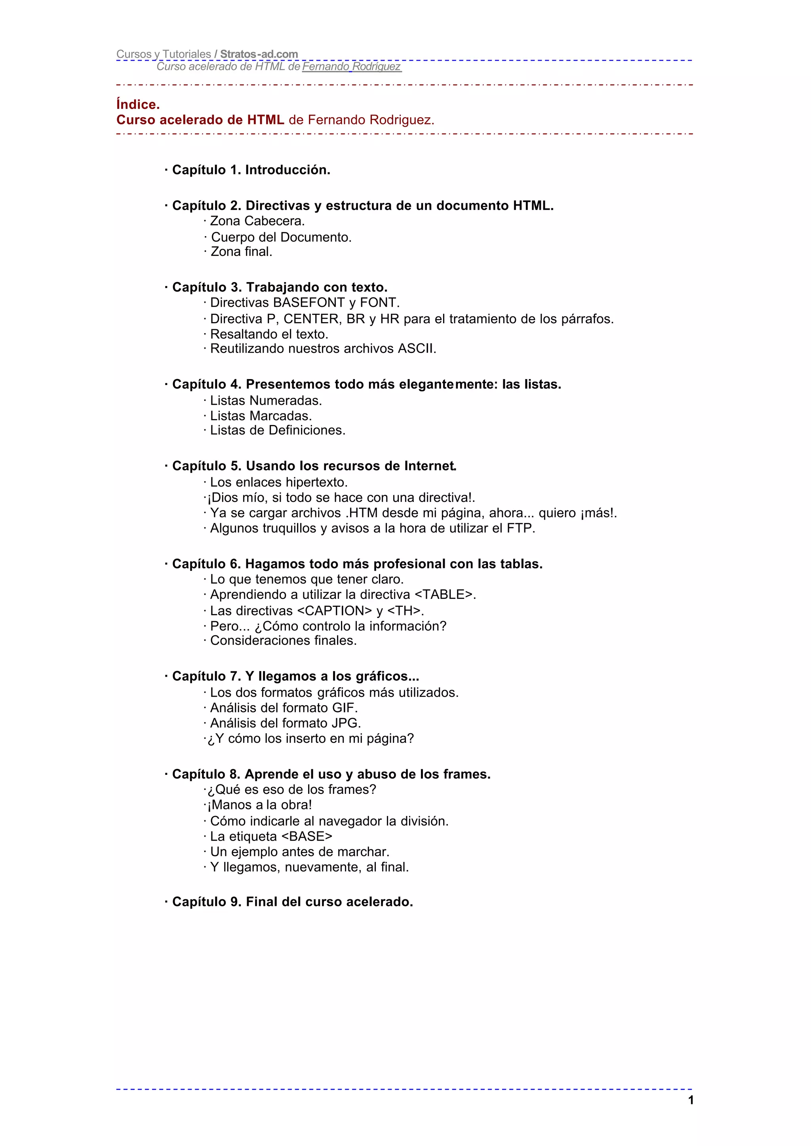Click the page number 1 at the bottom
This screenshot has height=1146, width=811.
(691, 1100)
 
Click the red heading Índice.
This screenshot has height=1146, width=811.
(138, 105)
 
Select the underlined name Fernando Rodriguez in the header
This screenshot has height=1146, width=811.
(351, 67)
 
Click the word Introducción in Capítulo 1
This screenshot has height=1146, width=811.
(287, 170)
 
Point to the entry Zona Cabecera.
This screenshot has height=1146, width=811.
(257, 221)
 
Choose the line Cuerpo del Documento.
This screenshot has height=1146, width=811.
(281, 237)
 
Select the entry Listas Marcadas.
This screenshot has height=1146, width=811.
(261, 416)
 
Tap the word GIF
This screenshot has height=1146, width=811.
(344, 707)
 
